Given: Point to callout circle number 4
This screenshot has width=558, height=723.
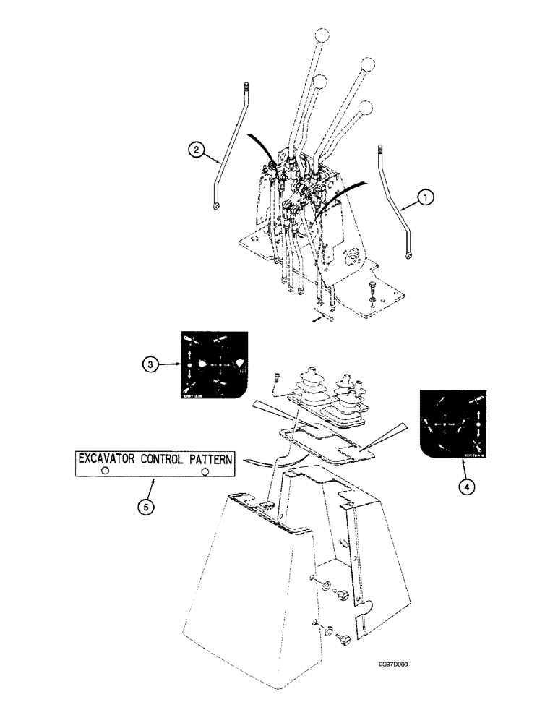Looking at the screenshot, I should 467,487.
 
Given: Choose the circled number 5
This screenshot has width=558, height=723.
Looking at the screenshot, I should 147,507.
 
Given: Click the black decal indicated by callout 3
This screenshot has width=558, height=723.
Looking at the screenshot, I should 212,365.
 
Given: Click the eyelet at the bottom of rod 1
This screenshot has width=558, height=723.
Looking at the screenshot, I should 409,255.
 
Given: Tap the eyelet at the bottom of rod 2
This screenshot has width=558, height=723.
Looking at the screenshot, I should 217,210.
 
